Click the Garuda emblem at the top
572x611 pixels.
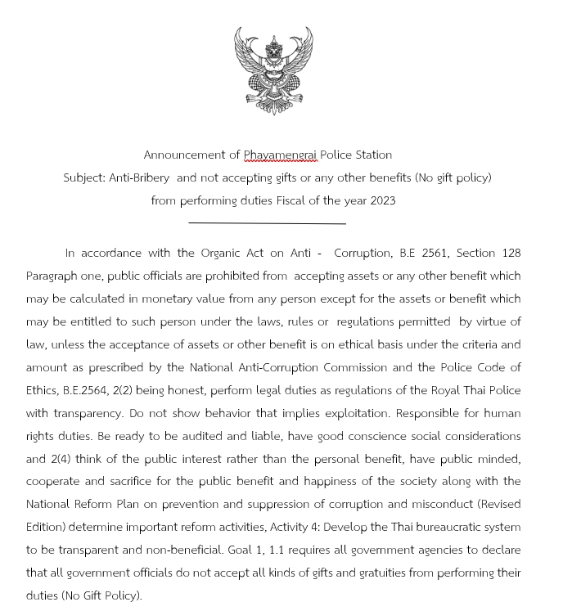273,69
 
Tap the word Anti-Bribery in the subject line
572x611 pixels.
139,177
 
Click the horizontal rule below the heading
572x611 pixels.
267,222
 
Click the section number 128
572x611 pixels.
510,253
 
